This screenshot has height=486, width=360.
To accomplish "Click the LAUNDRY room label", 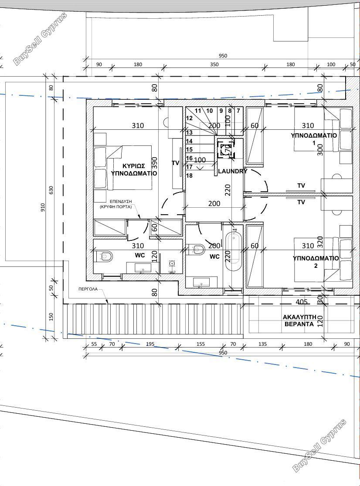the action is coord(233,171).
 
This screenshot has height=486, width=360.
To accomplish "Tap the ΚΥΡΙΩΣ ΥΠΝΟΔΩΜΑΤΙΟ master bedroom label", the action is coord(134,170).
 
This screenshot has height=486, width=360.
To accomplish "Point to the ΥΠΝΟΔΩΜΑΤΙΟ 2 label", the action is coord(316,262).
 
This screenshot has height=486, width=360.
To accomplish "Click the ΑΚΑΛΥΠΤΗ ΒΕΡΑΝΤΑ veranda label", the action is coord(299,321).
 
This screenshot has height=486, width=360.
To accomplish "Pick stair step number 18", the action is coord(190,176).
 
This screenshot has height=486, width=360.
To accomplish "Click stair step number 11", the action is coord(198,111).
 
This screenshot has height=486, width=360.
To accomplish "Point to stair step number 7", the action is coord(238,111).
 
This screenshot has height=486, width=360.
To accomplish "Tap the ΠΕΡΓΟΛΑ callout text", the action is coord(88,289).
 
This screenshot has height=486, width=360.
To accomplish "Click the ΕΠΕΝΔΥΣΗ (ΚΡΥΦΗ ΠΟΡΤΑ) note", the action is coord(121,204).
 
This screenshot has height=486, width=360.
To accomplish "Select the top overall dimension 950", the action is coord(223,56).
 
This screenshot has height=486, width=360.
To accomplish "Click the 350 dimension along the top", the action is coord(214,64).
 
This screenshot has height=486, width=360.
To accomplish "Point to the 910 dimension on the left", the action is coord(42,208).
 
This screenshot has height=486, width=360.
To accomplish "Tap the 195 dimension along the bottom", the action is coord(150,344).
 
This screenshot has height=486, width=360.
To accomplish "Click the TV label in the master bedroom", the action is coord(176,163).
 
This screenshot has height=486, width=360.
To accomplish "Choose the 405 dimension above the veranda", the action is coord(302,302).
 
